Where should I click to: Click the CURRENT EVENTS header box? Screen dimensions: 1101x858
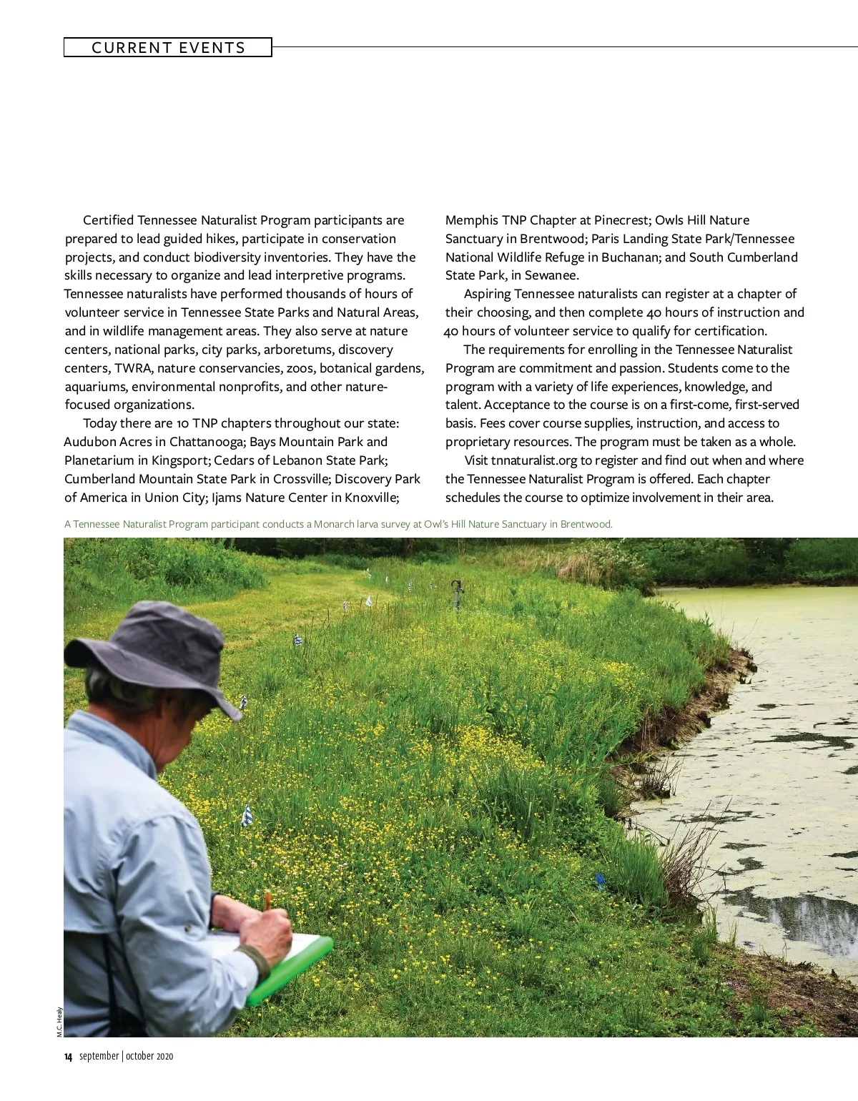pyautogui.click(x=168, y=48)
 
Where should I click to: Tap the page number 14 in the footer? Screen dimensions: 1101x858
pyautogui.click(x=68, y=1057)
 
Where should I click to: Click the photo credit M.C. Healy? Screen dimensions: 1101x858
pyautogui.click(x=59, y=1022)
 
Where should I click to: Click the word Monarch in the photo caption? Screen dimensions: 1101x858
pyautogui.click(x=335, y=524)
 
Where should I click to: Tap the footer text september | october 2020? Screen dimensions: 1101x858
pyautogui.click(x=127, y=1057)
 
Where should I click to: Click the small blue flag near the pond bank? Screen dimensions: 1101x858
pyautogui.click(x=600, y=882)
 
